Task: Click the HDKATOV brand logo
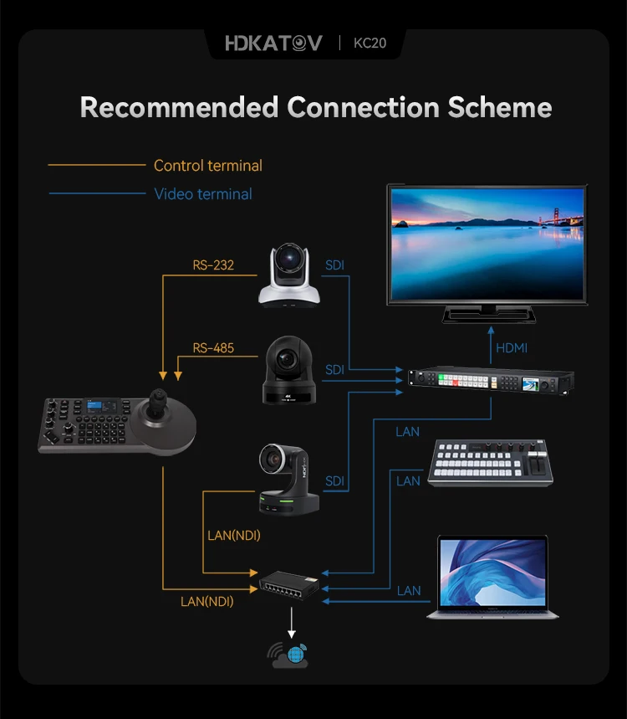[x=273, y=43]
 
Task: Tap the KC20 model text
[x=370, y=43]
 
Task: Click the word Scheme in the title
[x=500, y=107]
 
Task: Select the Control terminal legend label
[x=207, y=166]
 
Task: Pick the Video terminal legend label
[x=203, y=194]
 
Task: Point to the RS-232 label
[x=213, y=265]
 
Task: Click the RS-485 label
[x=213, y=347]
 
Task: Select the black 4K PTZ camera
[x=290, y=370]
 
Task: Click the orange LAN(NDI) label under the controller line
[x=207, y=601]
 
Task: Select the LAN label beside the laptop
[x=409, y=591]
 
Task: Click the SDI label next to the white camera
[x=334, y=265]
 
